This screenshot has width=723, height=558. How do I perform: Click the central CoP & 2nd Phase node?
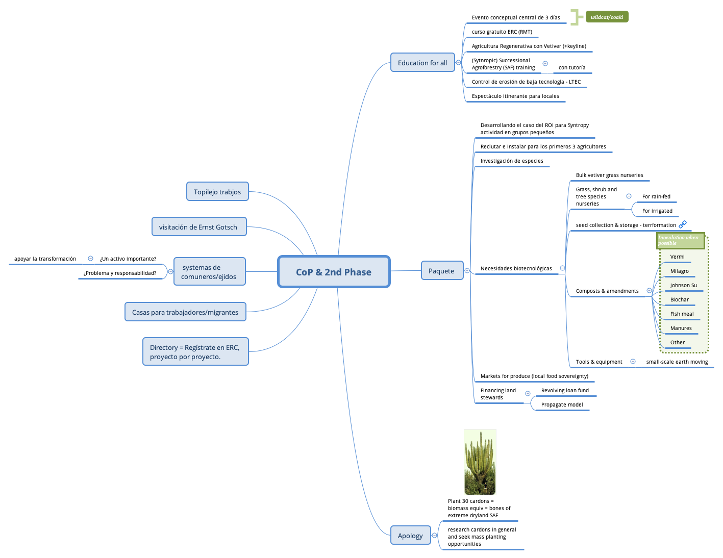(334, 272)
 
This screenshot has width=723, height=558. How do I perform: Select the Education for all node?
(422, 63)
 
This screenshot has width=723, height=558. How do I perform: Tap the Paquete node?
(441, 271)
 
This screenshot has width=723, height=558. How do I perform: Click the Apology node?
(410, 536)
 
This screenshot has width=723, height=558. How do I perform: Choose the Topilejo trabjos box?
(217, 192)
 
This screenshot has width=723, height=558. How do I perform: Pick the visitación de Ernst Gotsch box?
(198, 227)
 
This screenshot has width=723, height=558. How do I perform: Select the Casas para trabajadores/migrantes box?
(185, 312)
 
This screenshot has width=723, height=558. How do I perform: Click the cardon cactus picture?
(480, 462)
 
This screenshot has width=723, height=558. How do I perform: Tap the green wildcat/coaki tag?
(607, 17)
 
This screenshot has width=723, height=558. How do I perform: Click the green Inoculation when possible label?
(680, 240)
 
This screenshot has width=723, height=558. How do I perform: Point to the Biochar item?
(679, 300)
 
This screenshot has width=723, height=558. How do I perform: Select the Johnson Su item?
(683, 286)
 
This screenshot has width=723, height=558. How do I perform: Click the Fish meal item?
(682, 314)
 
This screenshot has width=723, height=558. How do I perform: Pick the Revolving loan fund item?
(565, 391)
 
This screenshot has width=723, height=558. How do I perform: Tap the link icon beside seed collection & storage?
(683, 224)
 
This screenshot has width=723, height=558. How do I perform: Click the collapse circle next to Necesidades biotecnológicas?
(562, 268)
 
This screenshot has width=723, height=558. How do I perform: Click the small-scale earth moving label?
(677, 362)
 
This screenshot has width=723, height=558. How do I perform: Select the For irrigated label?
(657, 211)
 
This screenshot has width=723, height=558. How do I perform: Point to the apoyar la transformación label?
(45, 259)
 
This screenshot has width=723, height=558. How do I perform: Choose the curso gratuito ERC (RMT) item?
(502, 32)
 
